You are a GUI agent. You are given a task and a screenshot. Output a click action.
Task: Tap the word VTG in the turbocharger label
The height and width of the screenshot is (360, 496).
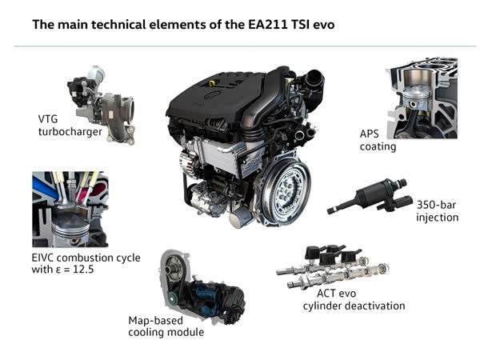(x=48, y=119)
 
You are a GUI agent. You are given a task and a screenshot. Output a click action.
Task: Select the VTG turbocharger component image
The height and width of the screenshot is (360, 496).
(x=102, y=105)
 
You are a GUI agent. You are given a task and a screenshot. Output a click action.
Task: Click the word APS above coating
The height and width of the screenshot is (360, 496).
(x=369, y=134)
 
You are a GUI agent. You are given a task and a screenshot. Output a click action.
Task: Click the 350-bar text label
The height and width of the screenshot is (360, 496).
(x=436, y=205)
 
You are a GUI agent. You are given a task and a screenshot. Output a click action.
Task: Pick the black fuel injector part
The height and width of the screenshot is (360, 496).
(x=370, y=196)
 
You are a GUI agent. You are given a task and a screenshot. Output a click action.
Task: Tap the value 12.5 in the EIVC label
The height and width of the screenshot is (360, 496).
(x=83, y=270)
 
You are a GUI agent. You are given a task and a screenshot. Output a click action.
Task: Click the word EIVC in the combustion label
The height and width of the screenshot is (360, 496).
(x=43, y=258)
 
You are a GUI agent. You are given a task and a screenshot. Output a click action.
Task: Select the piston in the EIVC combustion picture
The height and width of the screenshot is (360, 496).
(x=70, y=229)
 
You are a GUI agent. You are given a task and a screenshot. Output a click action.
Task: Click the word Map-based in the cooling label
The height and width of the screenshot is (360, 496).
(x=156, y=321)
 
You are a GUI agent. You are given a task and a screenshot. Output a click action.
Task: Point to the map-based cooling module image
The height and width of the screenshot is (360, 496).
(x=202, y=287)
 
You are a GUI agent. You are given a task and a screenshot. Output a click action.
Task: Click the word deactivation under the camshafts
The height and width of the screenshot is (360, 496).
(x=374, y=306)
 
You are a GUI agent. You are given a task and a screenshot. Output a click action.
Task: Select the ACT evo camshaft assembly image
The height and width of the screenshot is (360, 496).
(x=333, y=267)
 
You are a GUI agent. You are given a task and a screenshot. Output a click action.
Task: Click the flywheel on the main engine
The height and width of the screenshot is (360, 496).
(x=286, y=189)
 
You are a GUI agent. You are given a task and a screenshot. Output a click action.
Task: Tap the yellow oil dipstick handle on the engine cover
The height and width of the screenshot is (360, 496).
(x=212, y=83)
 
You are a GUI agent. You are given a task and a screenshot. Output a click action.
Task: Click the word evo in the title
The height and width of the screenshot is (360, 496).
(x=324, y=25)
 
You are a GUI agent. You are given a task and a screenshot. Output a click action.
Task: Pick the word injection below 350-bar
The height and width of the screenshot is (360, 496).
(x=437, y=218)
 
